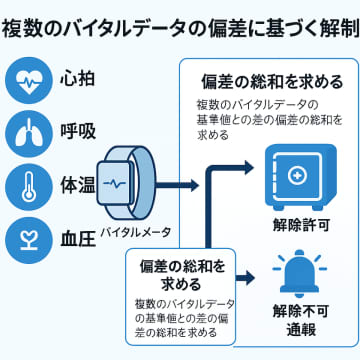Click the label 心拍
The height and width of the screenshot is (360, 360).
click(79, 77)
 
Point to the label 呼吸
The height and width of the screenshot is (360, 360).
click(79, 132)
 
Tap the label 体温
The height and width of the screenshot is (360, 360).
click(79, 187)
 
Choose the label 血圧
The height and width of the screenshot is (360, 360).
click(79, 241)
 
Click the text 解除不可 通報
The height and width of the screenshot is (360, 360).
click(296, 319)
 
